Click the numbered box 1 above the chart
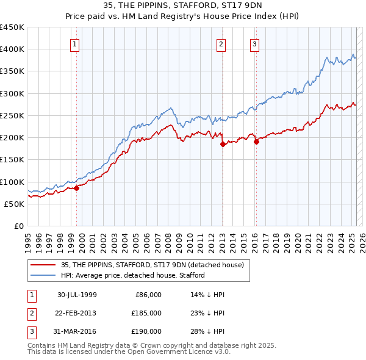[x=74, y=43]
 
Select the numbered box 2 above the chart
[x=220, y=43]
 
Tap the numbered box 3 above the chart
[x=254, y=43]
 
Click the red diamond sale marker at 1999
[x=77, y=189]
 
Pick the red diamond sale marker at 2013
[x=223, y=145]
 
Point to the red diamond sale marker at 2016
[x=256, y=142]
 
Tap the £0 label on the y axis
[x=18, y=226]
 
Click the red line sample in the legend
[x=43, y=265]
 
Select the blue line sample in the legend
[x=43, y=275]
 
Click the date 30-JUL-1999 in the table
[x=77, y=295]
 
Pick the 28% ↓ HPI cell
[x=207, y=331]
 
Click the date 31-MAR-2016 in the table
[x=77, y=331]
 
